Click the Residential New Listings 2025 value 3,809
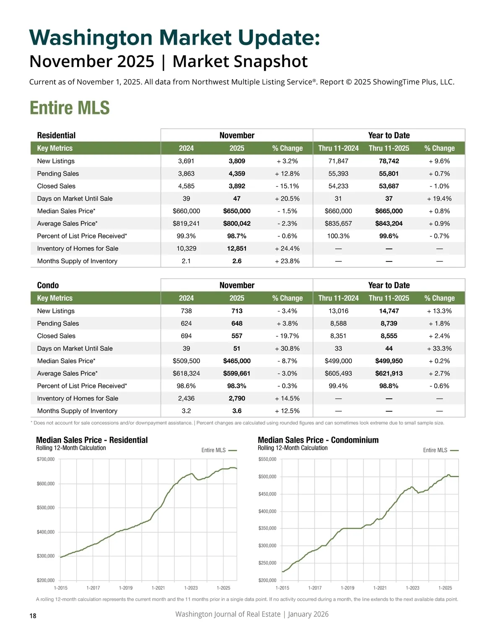tap(237, 161)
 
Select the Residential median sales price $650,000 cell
tap(237, 211)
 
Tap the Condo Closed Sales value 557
tap(237, 336)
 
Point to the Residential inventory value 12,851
tap(237, 248)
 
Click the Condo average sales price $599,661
tap(237, 373)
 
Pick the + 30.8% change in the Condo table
tap(287, 349)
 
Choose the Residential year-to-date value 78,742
tap(389, 161)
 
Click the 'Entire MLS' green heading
tap(70, 108)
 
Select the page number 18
tap(33, 616)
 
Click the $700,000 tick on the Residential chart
tap(46, 460)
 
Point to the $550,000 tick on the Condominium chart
tap(267, 460)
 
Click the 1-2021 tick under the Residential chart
tap(158, 588)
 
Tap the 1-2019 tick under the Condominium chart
tap(347, 588)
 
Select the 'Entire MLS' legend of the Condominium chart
tap(436, 450)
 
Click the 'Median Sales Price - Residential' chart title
tap(92, 440)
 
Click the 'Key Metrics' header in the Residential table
tap(55, 148)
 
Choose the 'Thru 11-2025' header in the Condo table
tap(389, 298)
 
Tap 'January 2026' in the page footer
tap(308, 614)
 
